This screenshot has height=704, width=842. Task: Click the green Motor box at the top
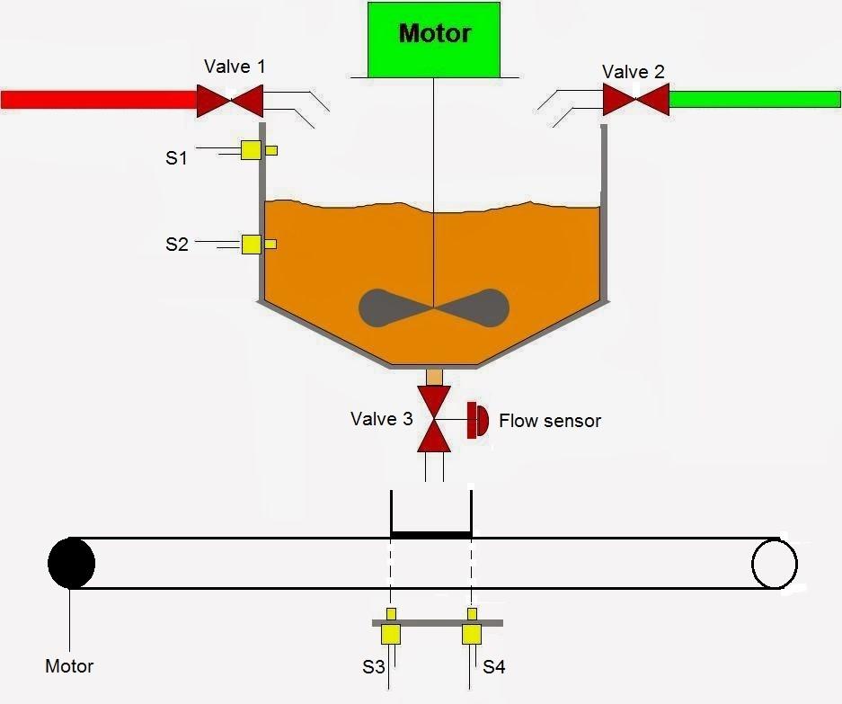coord(433,39)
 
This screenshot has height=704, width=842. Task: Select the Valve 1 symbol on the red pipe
coord(230,100)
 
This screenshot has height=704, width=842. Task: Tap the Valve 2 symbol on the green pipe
coord(635,99)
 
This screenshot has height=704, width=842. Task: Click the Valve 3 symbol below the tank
coord(435,419)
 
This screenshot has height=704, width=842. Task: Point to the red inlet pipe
coord(99,99)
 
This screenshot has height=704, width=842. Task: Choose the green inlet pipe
coord(755,99)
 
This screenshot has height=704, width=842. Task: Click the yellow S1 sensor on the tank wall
coord(253,150)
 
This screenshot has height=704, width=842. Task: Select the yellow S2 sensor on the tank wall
coord(253,244)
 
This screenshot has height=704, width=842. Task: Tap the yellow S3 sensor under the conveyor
coord(391,633)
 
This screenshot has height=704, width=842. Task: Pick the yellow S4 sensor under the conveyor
coord(472,633)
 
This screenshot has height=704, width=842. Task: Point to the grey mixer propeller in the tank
coord(434,308)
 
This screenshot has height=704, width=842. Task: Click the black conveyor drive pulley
coord(71,563)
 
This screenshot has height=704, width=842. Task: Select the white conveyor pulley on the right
coord(775,563)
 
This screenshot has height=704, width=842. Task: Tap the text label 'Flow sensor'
coord(549,421)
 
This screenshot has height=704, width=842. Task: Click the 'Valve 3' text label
coord(382,419)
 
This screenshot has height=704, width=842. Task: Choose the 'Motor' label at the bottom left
coord(69,666)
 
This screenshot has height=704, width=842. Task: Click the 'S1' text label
coord(176,158)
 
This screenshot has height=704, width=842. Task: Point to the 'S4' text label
coord(494,667)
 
